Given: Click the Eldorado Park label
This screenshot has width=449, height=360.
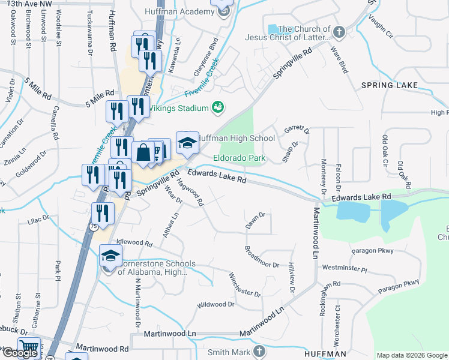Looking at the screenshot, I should coord(239,159).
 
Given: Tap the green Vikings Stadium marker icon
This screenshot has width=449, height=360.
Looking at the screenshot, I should coord(218,107).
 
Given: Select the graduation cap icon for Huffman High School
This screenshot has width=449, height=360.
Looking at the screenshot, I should coord(187,142).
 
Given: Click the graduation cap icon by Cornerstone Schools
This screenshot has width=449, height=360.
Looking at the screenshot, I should coord(110,257).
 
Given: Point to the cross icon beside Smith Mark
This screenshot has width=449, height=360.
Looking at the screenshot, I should coord(259,351).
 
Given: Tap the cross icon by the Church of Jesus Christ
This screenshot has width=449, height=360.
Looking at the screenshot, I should coord(339,31).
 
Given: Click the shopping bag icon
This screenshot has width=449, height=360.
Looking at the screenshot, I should coord(144,152).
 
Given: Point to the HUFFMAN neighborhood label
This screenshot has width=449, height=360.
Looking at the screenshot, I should coord(325,354).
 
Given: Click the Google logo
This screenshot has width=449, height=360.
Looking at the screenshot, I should coord(20,353).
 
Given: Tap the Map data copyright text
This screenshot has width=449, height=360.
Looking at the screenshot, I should coord(412,355).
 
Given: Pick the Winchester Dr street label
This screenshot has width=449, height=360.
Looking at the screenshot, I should coord(244,285).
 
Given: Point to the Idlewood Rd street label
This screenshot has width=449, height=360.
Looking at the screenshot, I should coord(134,242).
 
